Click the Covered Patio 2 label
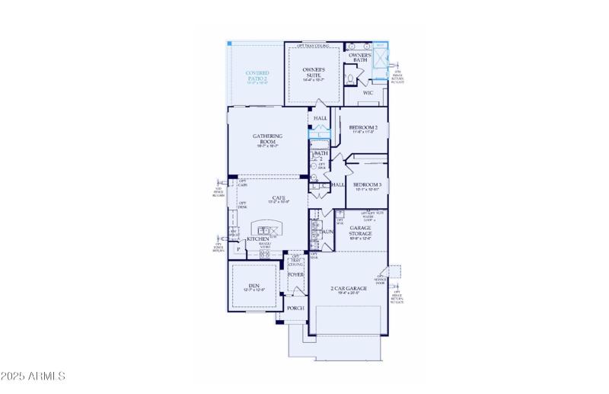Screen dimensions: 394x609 click(257, 76)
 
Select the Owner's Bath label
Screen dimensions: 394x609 click(359, 58)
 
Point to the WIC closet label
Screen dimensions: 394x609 click(368, 93)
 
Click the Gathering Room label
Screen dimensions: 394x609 click(268, 138)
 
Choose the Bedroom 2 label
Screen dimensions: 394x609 click(363, 127)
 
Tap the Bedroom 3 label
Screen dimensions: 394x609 click(367, 184)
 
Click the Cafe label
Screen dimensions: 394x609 click(279, 198)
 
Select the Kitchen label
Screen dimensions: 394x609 click(257, 239)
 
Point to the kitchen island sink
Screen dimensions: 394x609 click(266, 230)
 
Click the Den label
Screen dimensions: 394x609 click(254, 286)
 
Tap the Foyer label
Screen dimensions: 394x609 click(295, 274)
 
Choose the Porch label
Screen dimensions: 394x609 click(295, 308)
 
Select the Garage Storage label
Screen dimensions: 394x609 click(361, 230)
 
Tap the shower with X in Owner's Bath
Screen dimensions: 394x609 click(380, 58)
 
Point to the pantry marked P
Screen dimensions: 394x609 click(238, 248)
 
